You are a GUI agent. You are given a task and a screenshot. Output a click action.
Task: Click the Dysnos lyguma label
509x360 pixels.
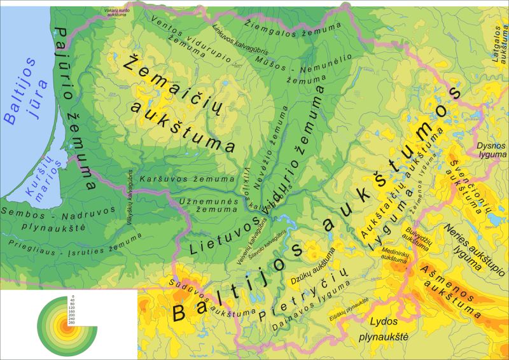tap(491, 150)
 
